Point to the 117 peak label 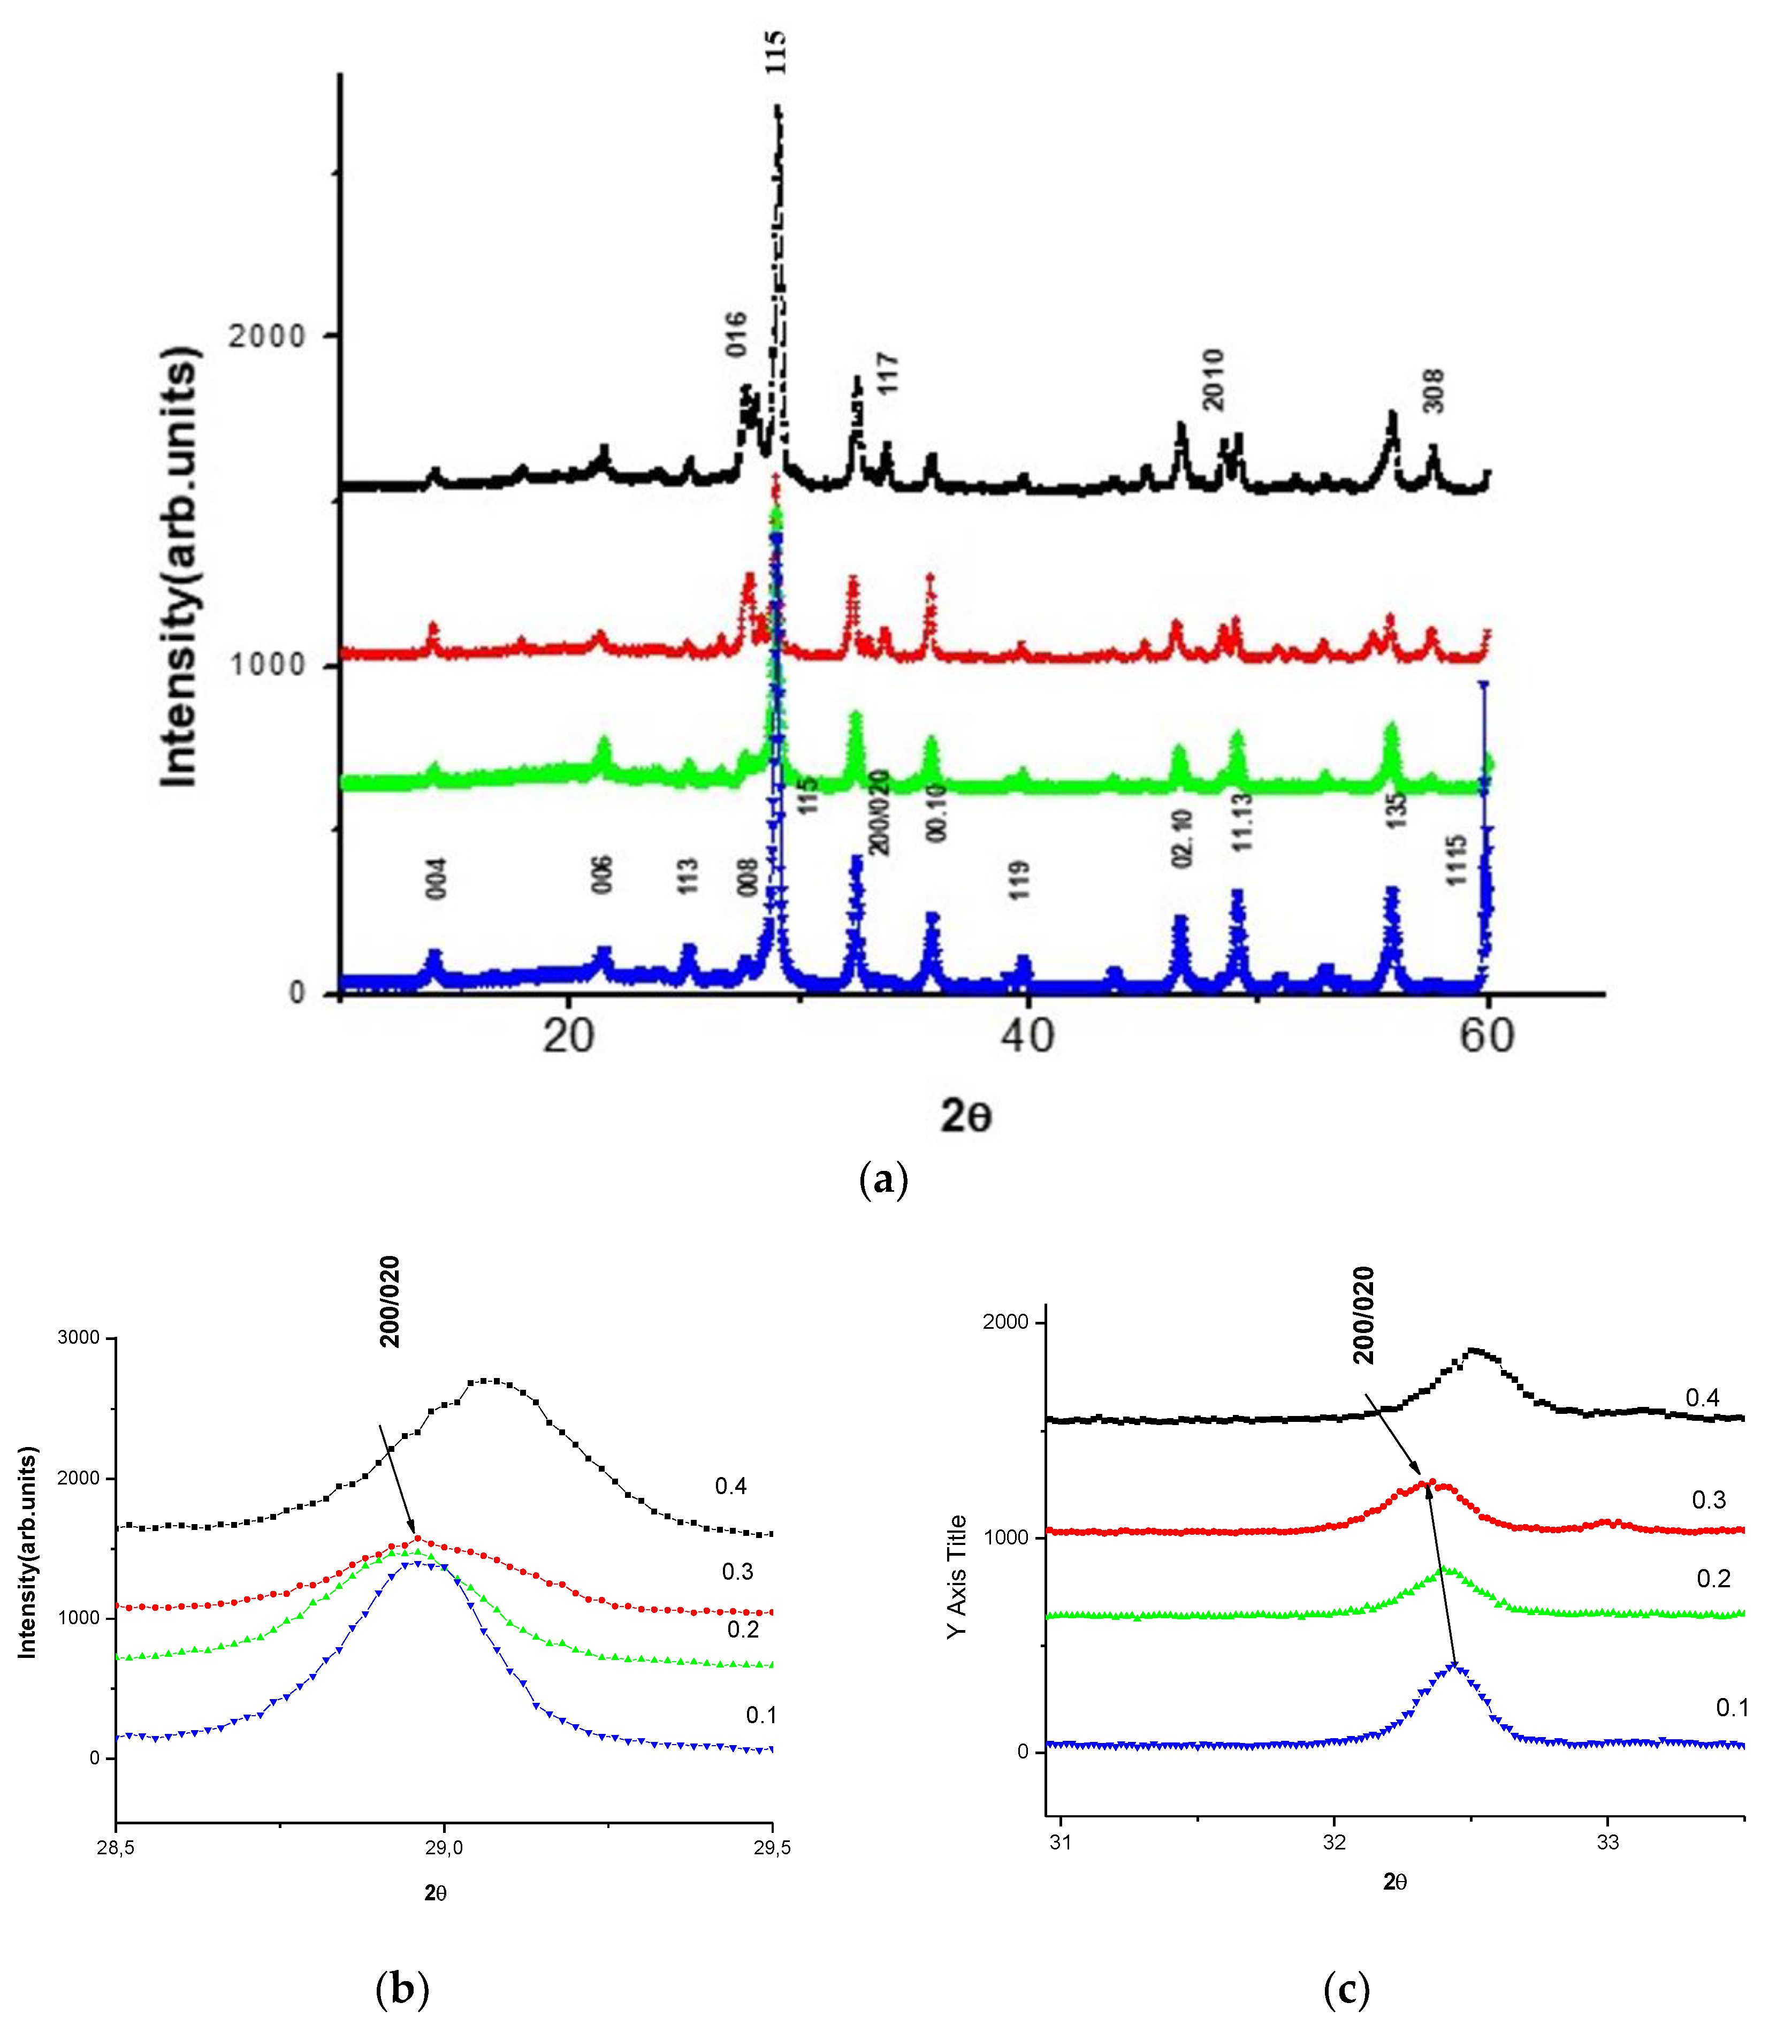tap(888, 374)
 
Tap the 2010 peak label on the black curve tap(1214, 379)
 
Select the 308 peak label tap(1434, 390)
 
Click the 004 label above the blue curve tap(437, 878)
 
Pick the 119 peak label tap(1019, 880)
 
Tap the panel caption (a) tap(882, 1179)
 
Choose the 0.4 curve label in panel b tap(731, 1486)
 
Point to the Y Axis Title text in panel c tap(956, 1576)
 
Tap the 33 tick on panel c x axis tap(1607, 1843)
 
